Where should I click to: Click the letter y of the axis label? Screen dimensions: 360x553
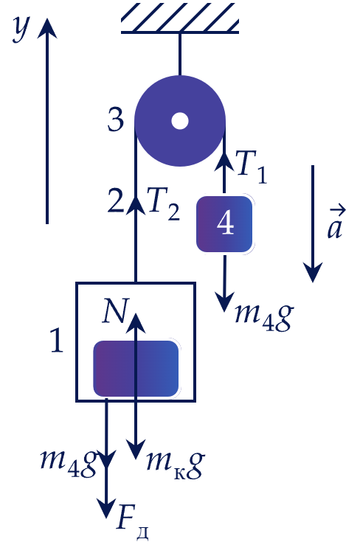click(21, 29)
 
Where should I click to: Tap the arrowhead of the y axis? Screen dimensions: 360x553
click(47, 28)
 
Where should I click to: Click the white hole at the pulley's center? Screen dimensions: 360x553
click(180, 121)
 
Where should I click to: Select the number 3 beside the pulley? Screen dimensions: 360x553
click(116, 120)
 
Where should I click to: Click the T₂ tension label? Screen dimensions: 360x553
click(164, 204)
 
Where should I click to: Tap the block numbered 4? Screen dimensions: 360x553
click(224, 224)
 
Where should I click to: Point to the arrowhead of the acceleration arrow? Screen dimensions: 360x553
click(313, 273)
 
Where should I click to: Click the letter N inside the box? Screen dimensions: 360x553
click(115, 311)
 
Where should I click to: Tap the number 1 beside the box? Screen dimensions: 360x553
click(57, 340)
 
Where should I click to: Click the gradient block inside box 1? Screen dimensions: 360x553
click(136, 369)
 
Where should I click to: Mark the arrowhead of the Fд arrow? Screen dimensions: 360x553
click(106, 509)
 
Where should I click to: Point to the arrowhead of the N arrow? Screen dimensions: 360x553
click(136, 321)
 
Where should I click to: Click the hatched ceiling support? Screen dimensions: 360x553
click(180, 18)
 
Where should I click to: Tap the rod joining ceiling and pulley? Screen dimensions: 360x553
click(180, 55)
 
